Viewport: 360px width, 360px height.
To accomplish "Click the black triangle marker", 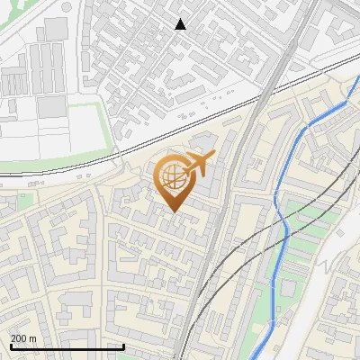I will (181, 24).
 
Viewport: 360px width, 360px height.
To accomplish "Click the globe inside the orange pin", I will (173, 177).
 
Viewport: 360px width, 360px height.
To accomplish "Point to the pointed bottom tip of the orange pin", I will (174, 211).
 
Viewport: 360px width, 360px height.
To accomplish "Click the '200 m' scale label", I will (24, 337).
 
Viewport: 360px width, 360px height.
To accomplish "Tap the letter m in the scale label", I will (34, 337).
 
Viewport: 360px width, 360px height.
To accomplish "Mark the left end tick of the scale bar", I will (10, 346).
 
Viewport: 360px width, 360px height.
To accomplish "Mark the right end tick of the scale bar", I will (123, 346).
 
